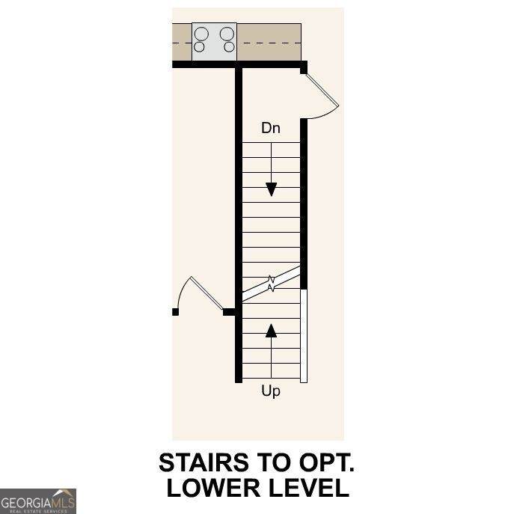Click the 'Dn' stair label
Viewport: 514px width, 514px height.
(270, 128)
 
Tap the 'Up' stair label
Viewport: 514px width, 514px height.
(271, 391)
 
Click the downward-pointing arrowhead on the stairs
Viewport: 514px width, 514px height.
(271, 189)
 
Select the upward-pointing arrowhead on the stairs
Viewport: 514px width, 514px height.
(271, 330)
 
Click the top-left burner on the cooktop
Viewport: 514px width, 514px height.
(201, 34)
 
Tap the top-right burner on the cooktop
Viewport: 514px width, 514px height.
(227, 34)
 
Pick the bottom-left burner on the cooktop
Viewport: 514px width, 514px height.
(200, 47)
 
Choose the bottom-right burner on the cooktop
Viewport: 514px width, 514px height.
(229, 47)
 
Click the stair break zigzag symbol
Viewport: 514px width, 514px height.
(271, 283)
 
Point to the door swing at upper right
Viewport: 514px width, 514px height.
(323, 95)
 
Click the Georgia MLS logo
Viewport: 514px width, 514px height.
(38, 501)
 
